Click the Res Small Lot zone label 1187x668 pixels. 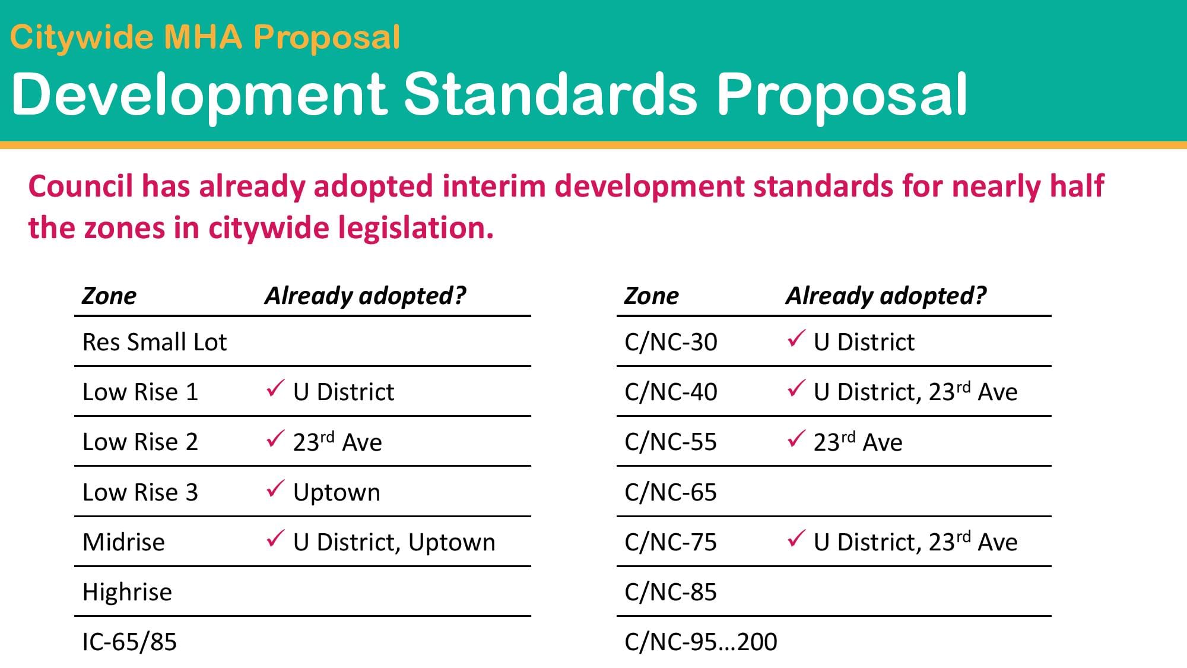point(154,342)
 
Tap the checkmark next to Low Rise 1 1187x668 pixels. point(275,389)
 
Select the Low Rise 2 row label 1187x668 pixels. point(140,442)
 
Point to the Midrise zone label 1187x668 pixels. point(123,542)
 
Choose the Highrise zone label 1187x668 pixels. point(127,593)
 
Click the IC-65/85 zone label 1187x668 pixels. point(129,642)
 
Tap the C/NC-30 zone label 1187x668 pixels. point(671,342)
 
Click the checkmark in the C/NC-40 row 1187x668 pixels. point(796,389)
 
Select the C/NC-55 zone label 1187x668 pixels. point(671,442)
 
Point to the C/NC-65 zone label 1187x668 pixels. point(671,492)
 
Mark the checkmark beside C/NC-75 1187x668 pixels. point(796,539)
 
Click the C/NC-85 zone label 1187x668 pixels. point(671,592)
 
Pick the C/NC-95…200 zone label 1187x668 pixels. point(701,642)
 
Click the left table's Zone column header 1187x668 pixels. point(109,296)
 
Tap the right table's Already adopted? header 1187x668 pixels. point(886,296)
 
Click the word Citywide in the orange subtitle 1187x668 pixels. point(82,37)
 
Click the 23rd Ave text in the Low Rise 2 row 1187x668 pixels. point(337,442)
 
